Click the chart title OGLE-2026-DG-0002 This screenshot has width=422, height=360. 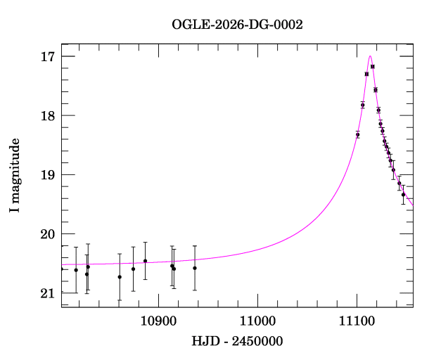pyautogui.click(x=237, y=25)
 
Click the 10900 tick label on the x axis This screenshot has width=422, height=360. pyautogui.click(x=158, y=321)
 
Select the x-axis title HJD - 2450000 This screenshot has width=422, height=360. pyautogui.click(x=237, y=341)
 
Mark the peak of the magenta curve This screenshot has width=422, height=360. pyautogui.click(x=370, y=56)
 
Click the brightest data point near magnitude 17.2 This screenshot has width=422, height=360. pyautogui.click(x=373, y=67)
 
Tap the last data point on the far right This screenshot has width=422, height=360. pyautogui.click(x=403, y=194)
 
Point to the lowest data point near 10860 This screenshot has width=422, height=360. pyautogui.click(x=120, y=277)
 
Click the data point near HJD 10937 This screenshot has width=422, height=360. pyautogui.click(x=195, y=268)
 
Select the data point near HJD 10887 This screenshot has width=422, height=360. pyautogui.click(x=145, y=261)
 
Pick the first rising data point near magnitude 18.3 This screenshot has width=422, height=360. pyautogui.click(x=357, y=134)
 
